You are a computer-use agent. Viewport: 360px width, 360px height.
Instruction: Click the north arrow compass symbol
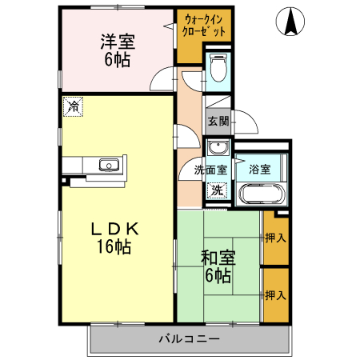coord(291,22)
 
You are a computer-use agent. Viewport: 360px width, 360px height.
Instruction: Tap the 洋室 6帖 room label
coord(117,50)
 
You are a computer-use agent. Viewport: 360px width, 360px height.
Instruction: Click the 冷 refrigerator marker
coord(73,106)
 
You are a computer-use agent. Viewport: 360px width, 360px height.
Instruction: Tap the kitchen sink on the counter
coord(109,166)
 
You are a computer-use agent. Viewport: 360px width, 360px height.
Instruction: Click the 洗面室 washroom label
coord(210,170)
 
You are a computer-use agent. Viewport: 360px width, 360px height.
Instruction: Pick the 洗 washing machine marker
coord(215,190)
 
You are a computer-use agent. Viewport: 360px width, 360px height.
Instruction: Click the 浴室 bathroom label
coord(259,170)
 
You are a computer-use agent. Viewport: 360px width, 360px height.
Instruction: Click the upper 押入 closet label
coord(275,237)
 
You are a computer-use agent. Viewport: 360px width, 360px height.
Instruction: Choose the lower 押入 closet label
coord(275,294)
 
